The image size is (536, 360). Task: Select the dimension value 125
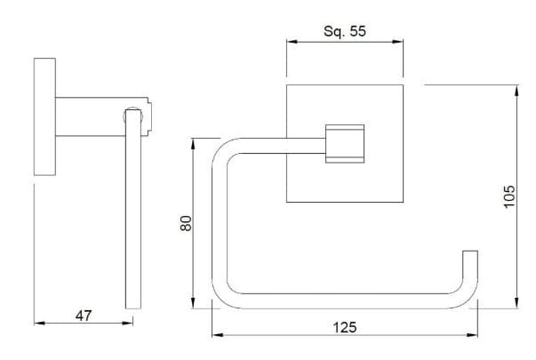point(345,327)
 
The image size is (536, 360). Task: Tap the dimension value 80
point(186,222)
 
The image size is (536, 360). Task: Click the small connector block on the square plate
point(346,142)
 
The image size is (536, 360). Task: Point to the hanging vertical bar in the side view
point(133,222)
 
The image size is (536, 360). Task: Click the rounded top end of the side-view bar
point(133,112)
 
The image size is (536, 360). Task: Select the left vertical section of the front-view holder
point(217,222)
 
